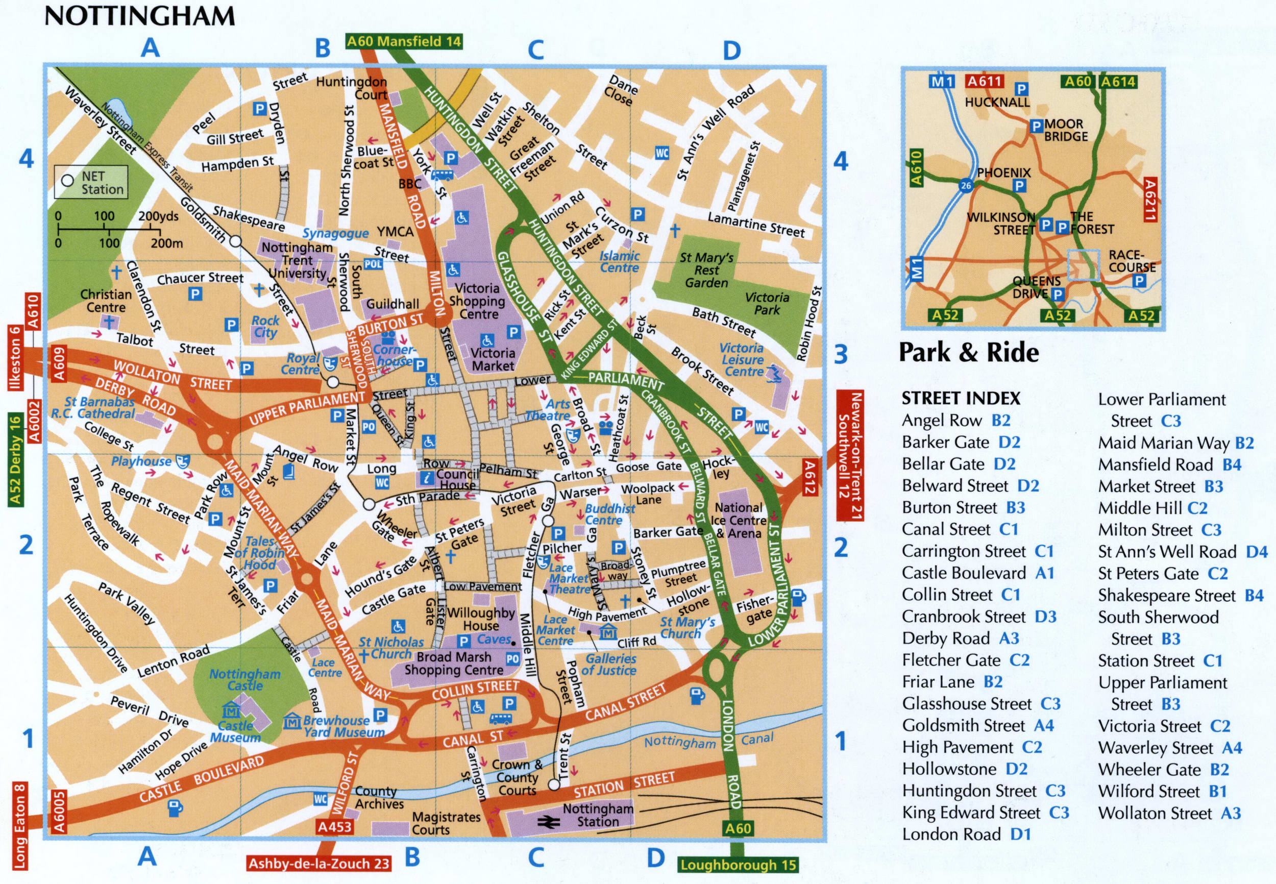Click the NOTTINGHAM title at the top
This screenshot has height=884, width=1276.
[139, 15]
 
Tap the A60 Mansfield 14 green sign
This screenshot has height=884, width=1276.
[403, 41]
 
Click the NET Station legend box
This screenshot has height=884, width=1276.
[91, 182]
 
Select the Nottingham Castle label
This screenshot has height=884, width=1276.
[245, 680]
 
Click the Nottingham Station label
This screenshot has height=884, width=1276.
[597, 815]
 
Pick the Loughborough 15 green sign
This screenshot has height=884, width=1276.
[738, 865]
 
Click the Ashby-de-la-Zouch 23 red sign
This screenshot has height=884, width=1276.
[319, 863]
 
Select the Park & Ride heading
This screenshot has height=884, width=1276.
[968, 352]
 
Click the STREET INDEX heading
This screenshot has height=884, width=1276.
[961, 398]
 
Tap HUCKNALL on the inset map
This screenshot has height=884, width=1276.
[997, 102]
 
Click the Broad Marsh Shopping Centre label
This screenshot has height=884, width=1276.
[454, 663]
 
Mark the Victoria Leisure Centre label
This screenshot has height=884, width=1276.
[742, 359]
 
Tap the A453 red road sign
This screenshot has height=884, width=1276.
[334, 826]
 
